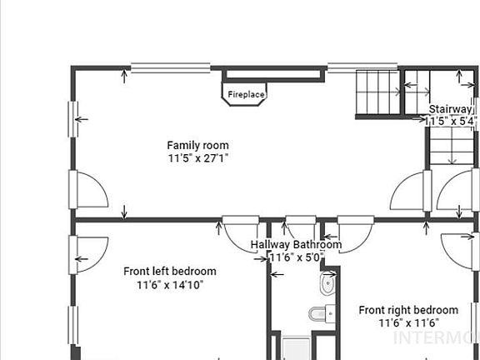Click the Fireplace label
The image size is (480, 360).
point(246,95)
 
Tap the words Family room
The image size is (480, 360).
point(197,145)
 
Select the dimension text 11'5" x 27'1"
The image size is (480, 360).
point(197,157)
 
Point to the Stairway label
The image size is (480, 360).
point(451,109)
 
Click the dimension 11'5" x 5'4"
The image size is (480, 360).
point(451,121)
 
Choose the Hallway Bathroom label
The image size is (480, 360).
point(296,245)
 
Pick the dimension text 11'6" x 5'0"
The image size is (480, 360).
point(296,257)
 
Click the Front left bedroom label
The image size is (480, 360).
point(170,271)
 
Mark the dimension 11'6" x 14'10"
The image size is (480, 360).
point(170,284)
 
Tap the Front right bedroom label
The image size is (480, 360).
point(408,310)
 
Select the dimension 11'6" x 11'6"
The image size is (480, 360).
point(408,322)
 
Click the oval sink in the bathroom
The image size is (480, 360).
point(327,284)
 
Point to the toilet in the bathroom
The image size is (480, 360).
point(321,314)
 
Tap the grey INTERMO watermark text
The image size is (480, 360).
point(434,337)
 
